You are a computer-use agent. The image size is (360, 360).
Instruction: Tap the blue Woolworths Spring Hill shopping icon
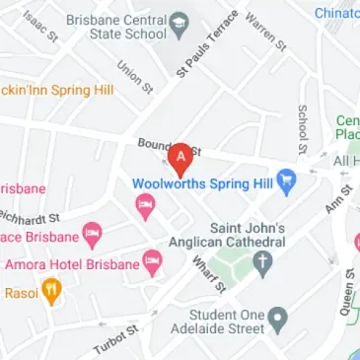287,181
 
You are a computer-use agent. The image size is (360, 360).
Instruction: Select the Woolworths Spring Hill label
202,182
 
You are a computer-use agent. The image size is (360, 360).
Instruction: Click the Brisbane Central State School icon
179,25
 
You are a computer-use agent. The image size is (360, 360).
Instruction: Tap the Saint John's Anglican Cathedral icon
262,262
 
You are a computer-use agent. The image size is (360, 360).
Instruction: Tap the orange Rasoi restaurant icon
52,292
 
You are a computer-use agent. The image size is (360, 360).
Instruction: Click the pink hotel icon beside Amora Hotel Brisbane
152,262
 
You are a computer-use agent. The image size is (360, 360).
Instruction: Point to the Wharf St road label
210,274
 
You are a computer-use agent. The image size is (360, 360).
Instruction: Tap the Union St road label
133,77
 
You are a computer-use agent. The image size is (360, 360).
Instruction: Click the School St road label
303,123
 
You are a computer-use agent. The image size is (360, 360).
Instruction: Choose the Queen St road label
345,292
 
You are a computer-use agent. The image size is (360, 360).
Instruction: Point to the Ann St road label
339,201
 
